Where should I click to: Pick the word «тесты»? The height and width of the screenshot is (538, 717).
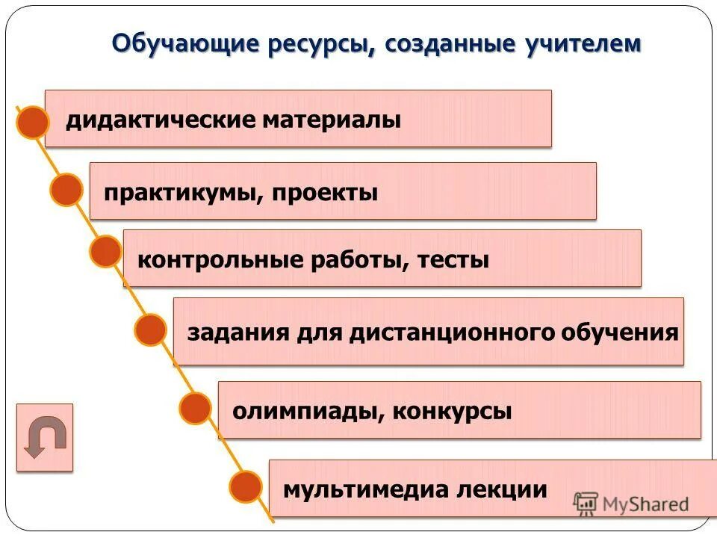(x=453, y=261)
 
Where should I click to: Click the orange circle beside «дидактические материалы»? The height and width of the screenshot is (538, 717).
(x=32, y=122)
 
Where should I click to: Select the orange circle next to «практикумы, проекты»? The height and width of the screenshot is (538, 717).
(x=67, y=190)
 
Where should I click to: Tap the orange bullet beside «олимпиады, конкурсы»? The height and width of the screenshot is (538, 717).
(x=196, y=409)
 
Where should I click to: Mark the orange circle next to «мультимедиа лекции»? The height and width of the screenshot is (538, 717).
(x=245, y=487)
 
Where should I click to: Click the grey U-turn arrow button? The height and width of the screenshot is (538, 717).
(x=45, y=437)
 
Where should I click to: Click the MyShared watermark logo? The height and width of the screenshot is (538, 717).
(x=632, y=504)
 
